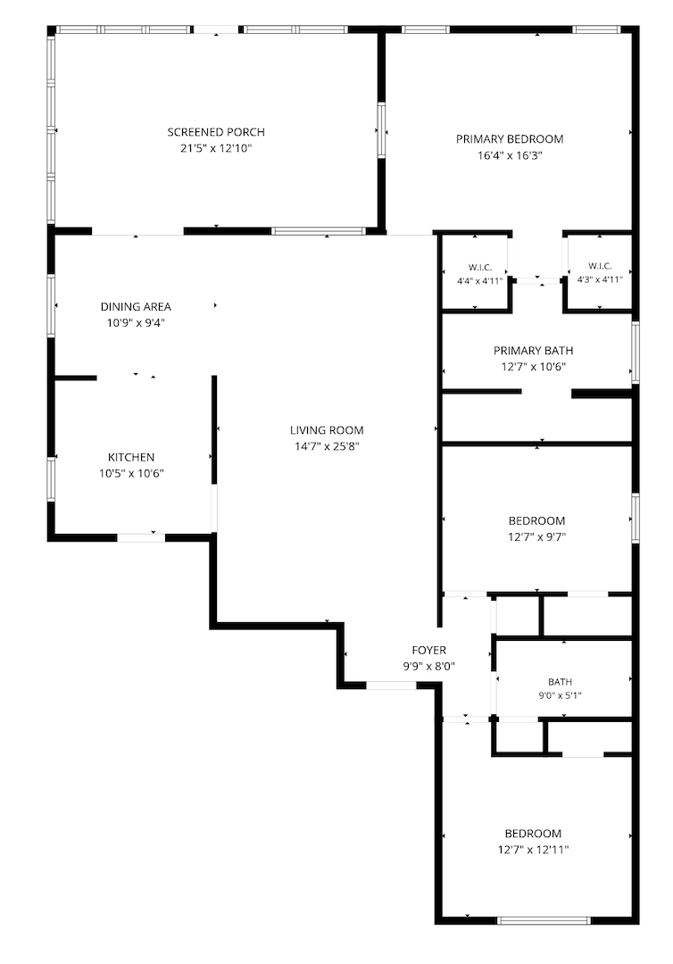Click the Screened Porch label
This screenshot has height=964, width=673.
pyautogui.click(x=216, y=132)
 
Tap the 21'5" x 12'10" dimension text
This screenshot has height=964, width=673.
pyautogui.click(x=216, y=148)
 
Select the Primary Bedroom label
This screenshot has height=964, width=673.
pyautogui.click(x=510, y=139)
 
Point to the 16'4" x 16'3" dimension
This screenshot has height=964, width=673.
pyautogui.click(x=510, y=155)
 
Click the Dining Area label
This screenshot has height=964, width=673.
pyautogui.click(x=136, y=307)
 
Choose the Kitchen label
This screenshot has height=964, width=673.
pyautogui.click(x=131, y=457)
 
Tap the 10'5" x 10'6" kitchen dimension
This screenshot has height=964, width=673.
pyautogui.click(x=131, y=473)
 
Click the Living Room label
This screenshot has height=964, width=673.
pyautogui.click(x=327, y=430)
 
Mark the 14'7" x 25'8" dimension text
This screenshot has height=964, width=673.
pyautogui.click(x=327, y=446)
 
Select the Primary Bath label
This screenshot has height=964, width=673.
pyautogui.click(x=534, y=351)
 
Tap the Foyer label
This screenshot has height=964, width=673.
pyautogui.click(x=429, y=651)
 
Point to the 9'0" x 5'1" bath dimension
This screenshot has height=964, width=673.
pyautogui.click(x=560, y=696)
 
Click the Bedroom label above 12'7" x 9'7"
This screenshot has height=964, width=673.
pyautogui.click(x=536, y=520)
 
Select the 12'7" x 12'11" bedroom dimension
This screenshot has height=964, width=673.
pyautogui.click(x=534, y=851)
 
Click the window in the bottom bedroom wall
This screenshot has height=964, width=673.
pyautogui.click(x=543, y=920)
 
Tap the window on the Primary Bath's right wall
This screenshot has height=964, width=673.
pyautogui.click(x=636, y=353)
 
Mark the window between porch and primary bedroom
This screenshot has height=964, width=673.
pyautogui.click(x=381, y=131)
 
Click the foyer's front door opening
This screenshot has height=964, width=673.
pyautogui.click(x=391, y=685)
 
